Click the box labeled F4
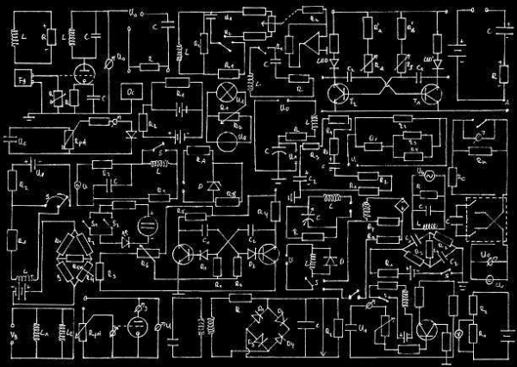pyautogui.click(x=22, y=80)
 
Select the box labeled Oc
pyautogui.click(x=130, y=90)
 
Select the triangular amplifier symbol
pyautogui.click(x=304, y=43)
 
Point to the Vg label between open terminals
pyautogui.click(x=12, y=333)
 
